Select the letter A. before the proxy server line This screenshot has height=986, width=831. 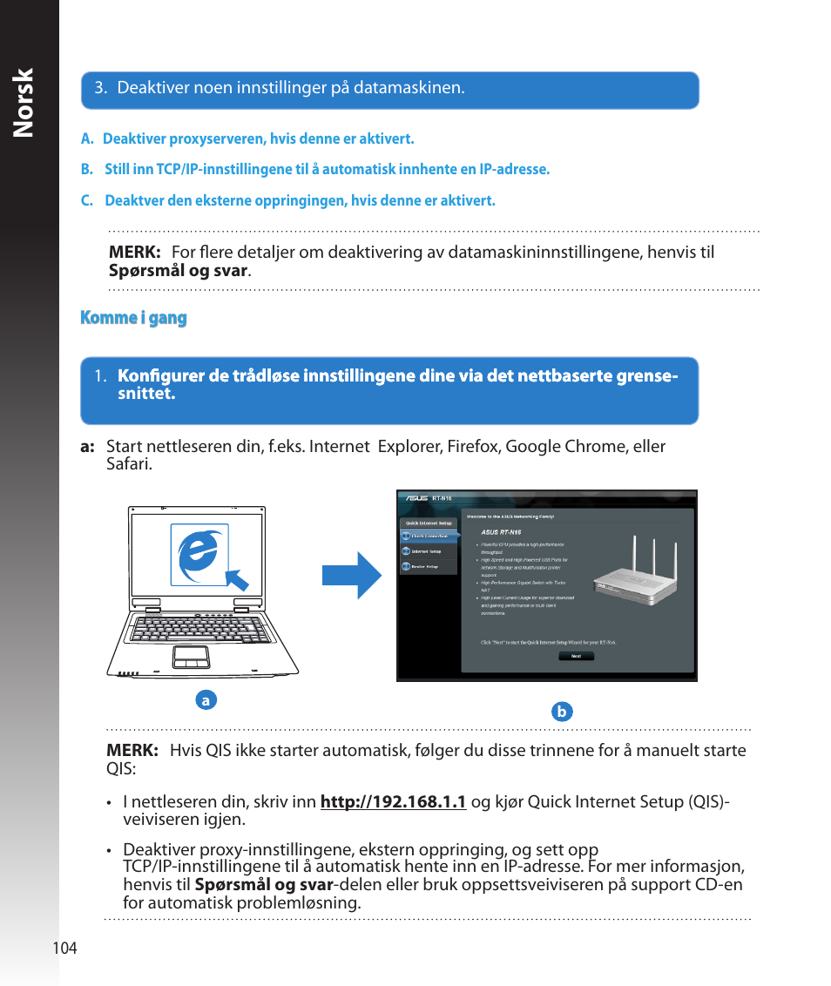click(x=86, y=138)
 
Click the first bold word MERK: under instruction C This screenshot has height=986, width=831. click(x=134, y=253)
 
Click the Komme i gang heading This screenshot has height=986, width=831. click(x=133, y=318)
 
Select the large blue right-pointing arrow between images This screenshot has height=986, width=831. click(x=352, y=575)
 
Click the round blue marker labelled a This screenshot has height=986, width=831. click(x=206, y=699)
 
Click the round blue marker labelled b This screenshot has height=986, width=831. click(x=562, y=712)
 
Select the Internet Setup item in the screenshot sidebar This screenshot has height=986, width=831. click(x=427, y=551)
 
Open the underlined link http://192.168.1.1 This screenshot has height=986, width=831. click(x=394, y=801)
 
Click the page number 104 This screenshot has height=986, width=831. click(x=65, y=949)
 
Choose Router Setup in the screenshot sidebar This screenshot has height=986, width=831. click(x=427, y=567)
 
